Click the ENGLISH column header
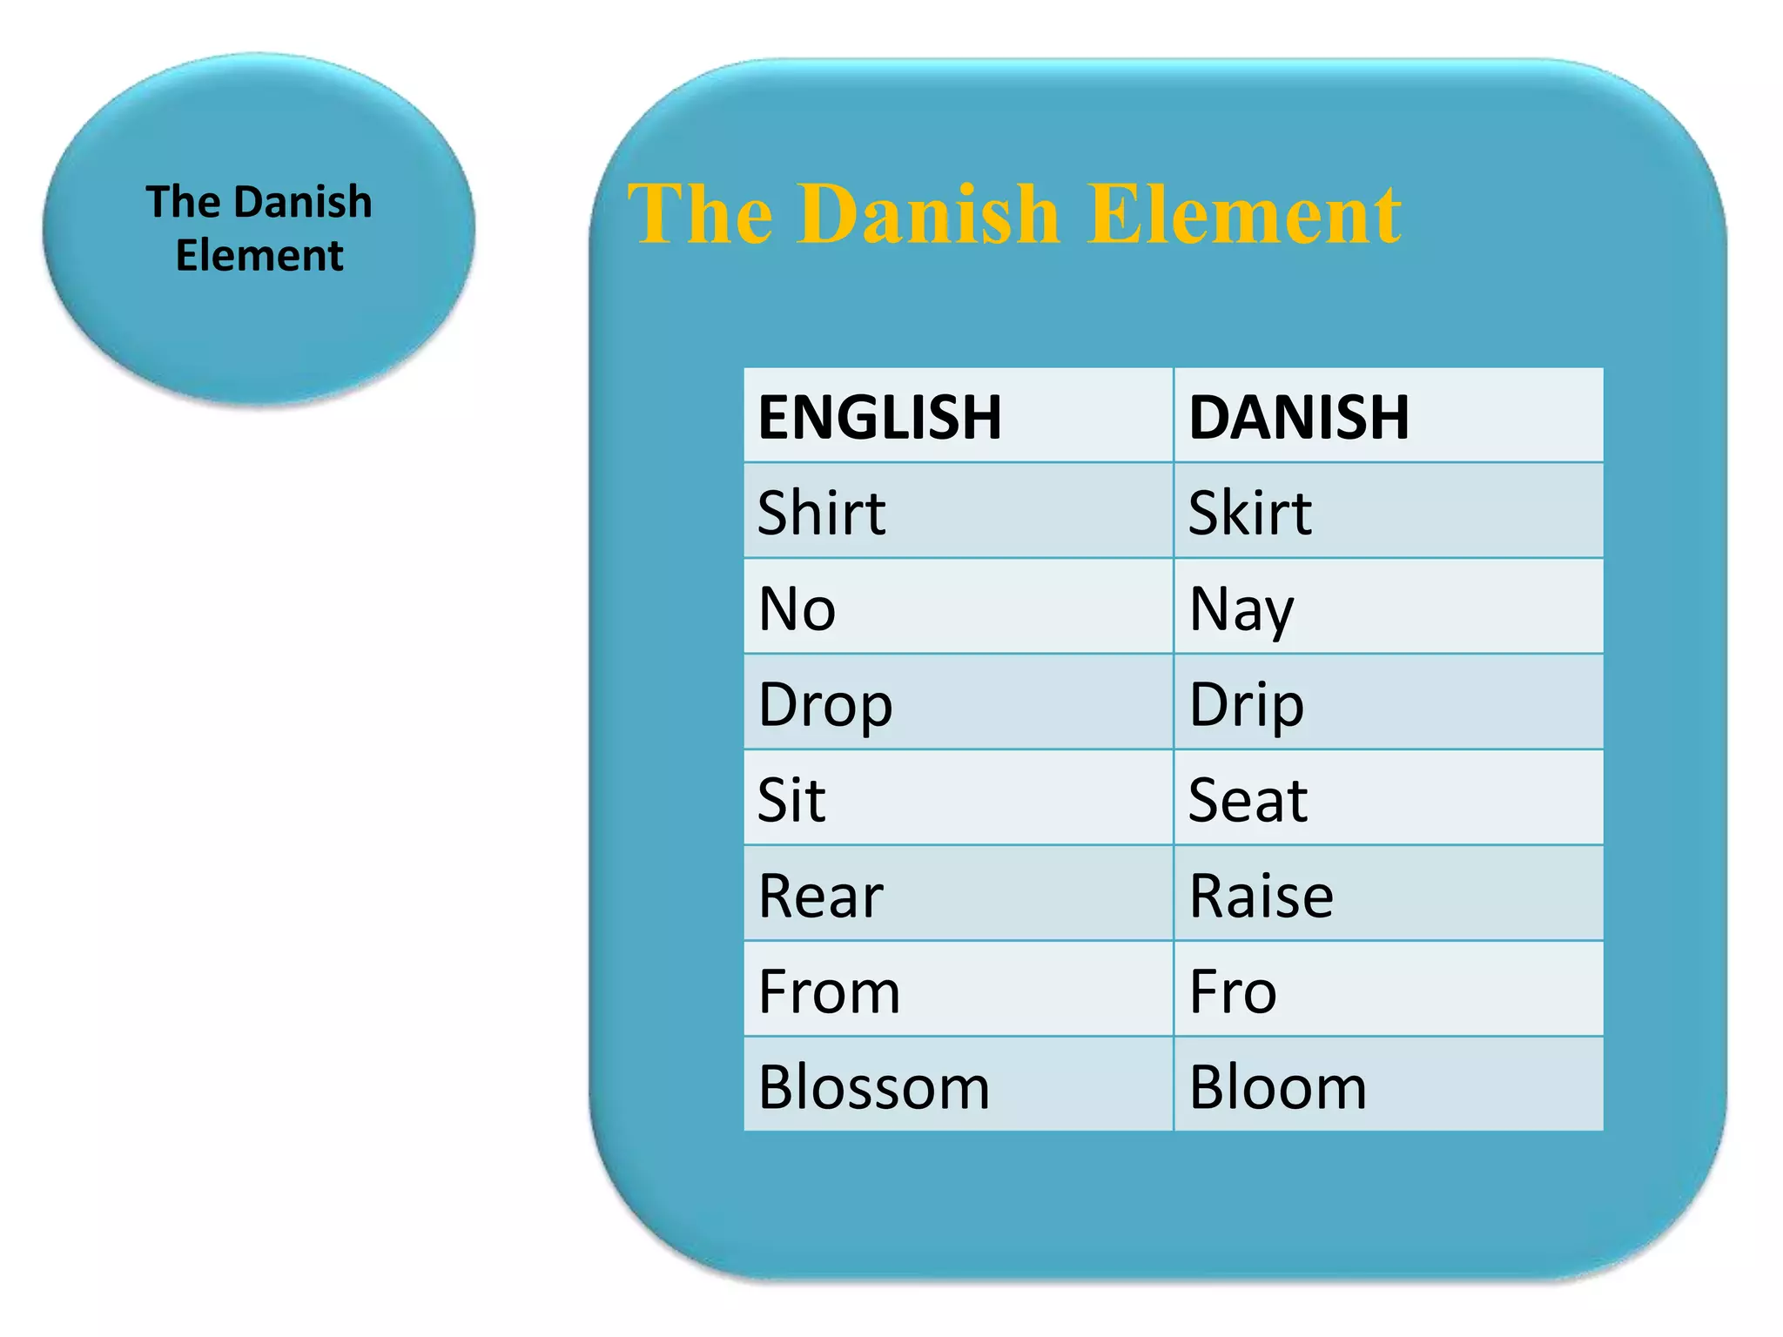(x=879, y=417)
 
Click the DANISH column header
(x=1298, y=417)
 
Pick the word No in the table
(x=797, y=608)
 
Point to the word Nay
(x=1241, y=610)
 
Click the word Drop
(x=825, y=705)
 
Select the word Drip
(x=1247, y=705)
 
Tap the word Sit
(x=791, y=800)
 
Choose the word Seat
(x=1248, y=800)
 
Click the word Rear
(x=821, y=896)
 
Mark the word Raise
(x=1261, y=896)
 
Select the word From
(x=829, y=991)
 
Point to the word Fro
(x=1233, y=991)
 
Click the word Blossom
(x=874, y=1087)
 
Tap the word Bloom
(x=1278, y=1087)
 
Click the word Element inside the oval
(x=259, y=256)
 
